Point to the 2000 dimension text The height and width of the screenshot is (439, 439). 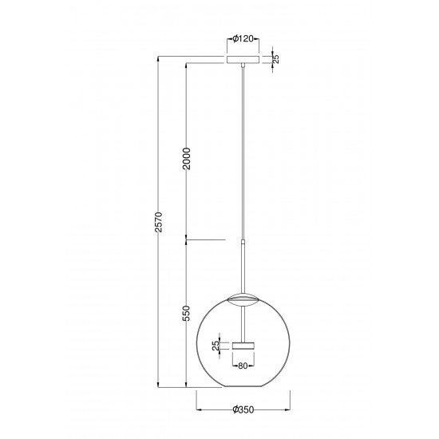(186, 163)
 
